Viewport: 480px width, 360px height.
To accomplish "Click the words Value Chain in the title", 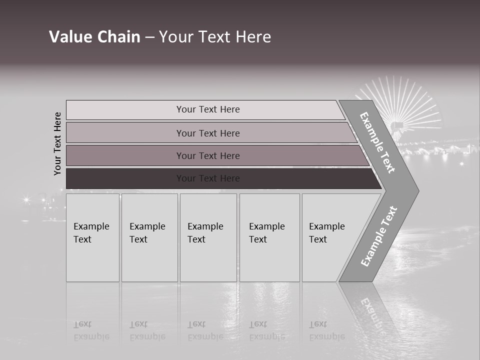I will [x=94, y=37].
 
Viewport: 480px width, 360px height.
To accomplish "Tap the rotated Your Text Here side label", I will [x=57, y=143].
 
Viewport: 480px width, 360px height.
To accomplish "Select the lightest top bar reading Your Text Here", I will [x=207, y=109].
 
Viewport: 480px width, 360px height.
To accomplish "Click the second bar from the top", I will [x=207, y=133].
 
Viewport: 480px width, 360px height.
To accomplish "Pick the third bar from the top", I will [x=207, y=155].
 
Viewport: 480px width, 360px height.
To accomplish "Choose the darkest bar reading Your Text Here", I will [x=207, y=178].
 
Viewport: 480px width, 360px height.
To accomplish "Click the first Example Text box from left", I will [x=92, y=237].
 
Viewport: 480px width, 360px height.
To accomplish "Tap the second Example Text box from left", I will [x=149, y=237].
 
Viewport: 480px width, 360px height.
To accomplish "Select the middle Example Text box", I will [x=208, y=237].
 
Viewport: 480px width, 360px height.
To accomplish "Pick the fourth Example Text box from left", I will [x=269, y=237].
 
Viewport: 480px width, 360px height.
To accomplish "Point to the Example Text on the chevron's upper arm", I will [x=377, y=142].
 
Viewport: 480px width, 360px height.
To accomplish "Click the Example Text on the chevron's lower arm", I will [x=379, y=236].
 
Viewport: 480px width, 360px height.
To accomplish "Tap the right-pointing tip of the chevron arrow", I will [x=416, y=190].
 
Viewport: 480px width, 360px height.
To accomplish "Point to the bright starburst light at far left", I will [x=26, y=200].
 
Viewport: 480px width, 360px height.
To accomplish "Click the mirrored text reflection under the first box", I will [x=91, y=330].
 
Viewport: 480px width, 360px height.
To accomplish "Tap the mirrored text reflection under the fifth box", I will [x=327, y=330].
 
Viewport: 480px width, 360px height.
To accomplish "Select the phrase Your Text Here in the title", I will [x=215, y=37].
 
